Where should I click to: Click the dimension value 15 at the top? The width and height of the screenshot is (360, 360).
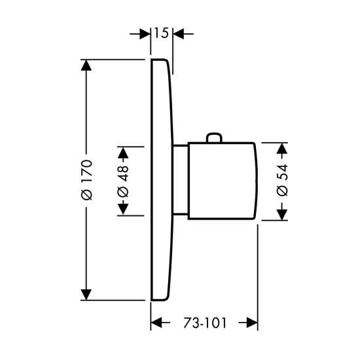point(161,33)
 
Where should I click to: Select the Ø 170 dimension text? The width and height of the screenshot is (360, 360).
point(87,180)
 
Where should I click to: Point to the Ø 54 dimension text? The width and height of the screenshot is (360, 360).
point(282,180)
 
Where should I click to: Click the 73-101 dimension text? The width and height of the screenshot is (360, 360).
point(205,323)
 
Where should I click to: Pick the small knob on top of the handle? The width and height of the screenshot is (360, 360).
point(214,137)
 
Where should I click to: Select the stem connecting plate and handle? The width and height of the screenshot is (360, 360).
point(181,180)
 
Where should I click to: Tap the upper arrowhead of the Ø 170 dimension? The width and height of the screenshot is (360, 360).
point(86,65)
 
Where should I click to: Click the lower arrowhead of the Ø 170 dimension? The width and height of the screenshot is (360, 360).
point(86,295)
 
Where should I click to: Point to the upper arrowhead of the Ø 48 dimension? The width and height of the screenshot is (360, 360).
point(123,153)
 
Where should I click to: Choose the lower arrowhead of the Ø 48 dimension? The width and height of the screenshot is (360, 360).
point(123,209)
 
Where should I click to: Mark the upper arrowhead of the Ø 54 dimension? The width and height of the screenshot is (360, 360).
point(282,149)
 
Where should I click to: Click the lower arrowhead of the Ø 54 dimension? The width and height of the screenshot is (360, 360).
point(282,215)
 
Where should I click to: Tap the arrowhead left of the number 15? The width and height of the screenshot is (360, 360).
point(145,34)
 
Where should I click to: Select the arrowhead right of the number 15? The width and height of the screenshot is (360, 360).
point(179,34)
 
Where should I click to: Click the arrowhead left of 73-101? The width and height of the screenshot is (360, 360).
point(156,323)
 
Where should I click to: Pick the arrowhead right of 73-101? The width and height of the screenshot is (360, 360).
point(252,323)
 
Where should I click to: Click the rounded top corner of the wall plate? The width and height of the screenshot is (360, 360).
point(166,60)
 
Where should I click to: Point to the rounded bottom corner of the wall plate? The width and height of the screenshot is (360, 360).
point(166,298)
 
